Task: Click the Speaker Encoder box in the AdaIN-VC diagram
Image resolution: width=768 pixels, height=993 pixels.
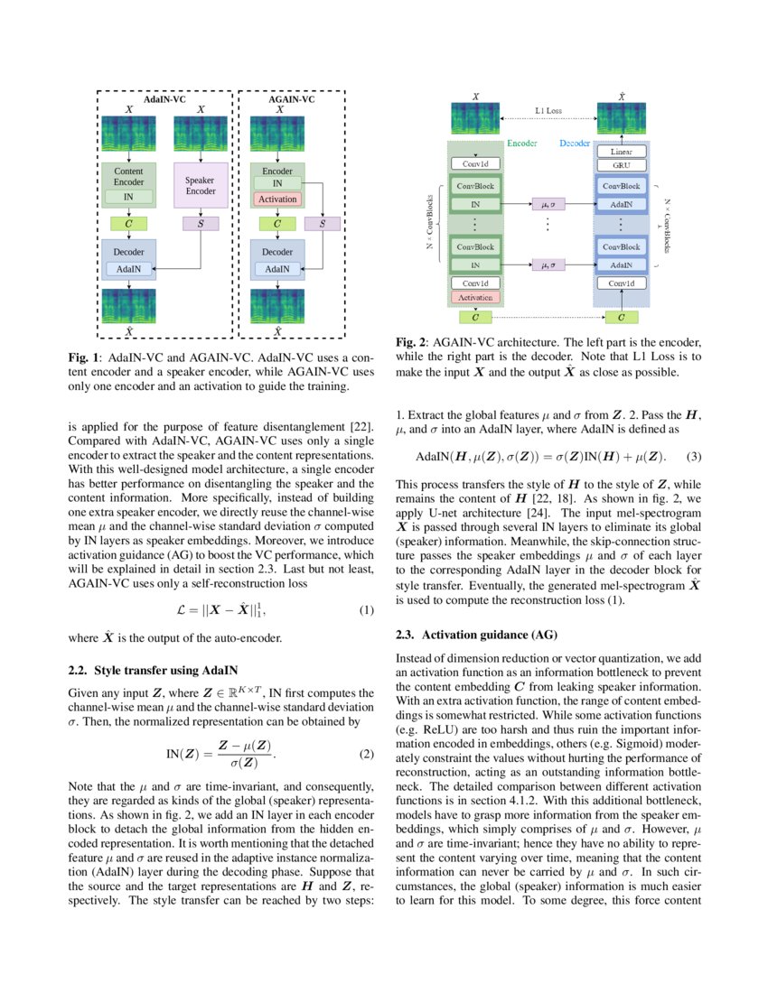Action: click(x=200, y=186)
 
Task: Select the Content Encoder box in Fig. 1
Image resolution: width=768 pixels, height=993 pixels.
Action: click(x=128, y=176)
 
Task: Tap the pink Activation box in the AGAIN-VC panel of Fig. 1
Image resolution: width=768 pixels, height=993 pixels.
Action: click(x=277, y=199)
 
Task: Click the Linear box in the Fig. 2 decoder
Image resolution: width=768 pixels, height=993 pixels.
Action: click(x=622, y=153)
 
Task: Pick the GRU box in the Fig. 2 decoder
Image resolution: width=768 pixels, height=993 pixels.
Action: click(x=622, y=166)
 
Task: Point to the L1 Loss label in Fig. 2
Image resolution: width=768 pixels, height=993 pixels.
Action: click(x=548, y=110)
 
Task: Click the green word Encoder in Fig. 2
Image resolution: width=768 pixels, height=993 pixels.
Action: click(x=521, y=144)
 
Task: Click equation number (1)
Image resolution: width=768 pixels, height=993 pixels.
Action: click(x=365, y=611)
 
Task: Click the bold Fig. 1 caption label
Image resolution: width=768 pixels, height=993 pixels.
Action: click(x=85, y=356)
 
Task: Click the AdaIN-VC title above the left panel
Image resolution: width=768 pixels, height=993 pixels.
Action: click(x=164, y=99)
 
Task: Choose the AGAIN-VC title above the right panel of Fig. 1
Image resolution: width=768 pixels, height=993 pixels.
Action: click(x=292, y=99)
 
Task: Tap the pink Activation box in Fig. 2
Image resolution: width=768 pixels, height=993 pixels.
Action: click(x=475, y=296)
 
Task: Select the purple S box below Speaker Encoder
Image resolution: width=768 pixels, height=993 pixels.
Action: click(x=200, y=222)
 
